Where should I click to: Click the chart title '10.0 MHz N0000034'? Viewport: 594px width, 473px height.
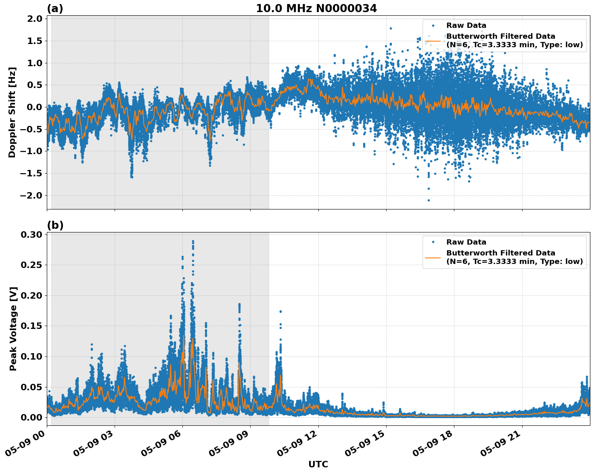(316, 8)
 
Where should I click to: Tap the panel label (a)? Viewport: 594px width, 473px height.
(55, 8)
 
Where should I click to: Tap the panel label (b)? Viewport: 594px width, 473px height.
(55, 225)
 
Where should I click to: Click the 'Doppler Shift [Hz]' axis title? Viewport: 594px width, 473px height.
(12, 112)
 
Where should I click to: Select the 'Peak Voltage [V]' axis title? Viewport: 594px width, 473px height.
(13, 329)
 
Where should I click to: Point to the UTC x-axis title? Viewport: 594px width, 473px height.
(318, 464)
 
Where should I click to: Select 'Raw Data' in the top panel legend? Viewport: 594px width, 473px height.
(466, 26)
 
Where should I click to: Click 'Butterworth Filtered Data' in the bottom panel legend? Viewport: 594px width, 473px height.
(500, 253)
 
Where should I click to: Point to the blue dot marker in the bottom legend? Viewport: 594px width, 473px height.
(433, 242)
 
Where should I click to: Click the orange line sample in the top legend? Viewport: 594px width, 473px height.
(433, 41)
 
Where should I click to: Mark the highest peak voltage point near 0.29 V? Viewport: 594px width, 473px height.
(193, 241)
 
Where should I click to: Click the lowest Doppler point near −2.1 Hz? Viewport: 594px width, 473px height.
(429, 200)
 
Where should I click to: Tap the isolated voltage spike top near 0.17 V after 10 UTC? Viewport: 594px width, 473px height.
(280, 312)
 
